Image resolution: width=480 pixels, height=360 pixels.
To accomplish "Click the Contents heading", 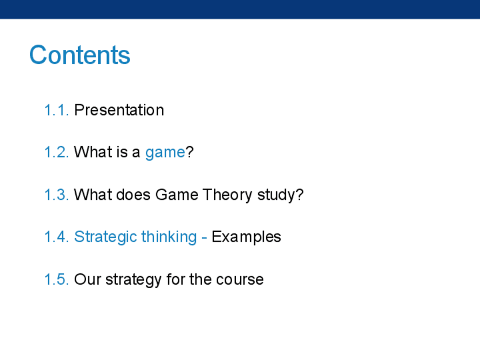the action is [80, 55].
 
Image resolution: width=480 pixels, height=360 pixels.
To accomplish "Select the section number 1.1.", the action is [57, 110].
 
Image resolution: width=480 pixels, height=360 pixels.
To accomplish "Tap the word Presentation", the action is [119, 110].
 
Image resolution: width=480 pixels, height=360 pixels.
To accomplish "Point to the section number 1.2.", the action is [57, 152].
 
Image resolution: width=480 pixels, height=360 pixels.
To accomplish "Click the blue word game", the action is [165, 153].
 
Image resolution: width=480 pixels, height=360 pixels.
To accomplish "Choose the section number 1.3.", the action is [57, 195].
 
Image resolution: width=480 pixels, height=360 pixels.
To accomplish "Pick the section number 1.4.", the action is [57, 237].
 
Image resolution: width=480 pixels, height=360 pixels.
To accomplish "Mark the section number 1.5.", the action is [57, 280].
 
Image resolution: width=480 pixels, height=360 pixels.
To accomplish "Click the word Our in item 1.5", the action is [88, 280].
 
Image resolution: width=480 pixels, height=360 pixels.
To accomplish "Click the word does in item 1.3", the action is [134, 195].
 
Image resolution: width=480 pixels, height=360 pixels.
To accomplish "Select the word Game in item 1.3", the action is [177, 195].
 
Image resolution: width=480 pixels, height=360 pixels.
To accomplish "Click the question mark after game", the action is [190, 152].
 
